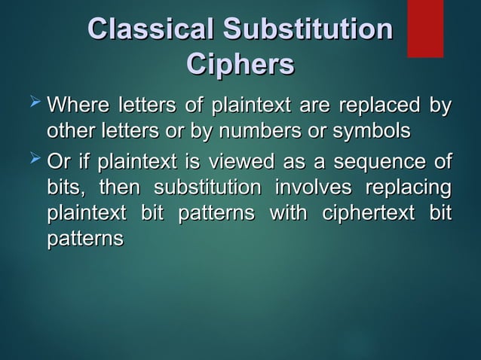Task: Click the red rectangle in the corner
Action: click(425, 28)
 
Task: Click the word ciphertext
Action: click(368, 214)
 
